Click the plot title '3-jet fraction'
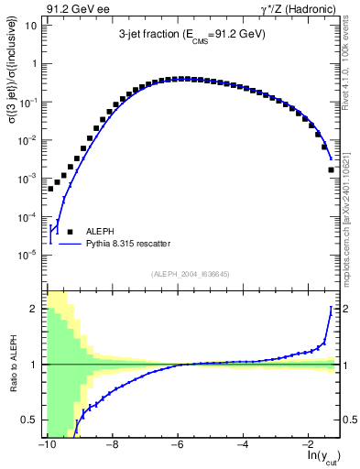click(x=152, y=37)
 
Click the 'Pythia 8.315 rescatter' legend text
click(x=135, y=245)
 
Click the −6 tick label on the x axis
click(x=177, y=444)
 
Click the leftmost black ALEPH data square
click(x=51, y=189)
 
